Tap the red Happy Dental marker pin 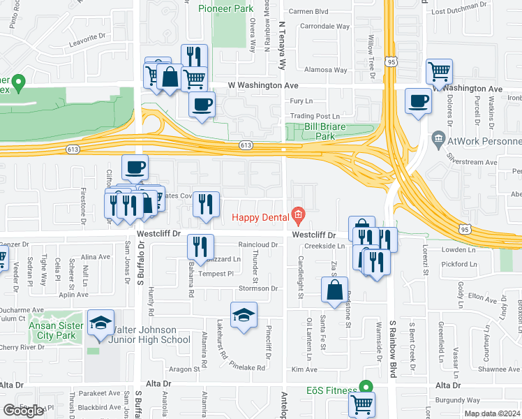[x=299, y=214]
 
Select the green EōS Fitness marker [x=364, y=386]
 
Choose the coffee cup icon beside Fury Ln [x=202, y=105]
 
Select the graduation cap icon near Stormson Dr [x=244, y=314]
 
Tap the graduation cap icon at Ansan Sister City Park [x=101, y=323]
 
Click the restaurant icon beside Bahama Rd [x=199, y=245]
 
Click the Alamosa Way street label [x=327, y=71]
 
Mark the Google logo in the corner [x=23, y=411]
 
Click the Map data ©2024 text [x=493, y=413]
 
